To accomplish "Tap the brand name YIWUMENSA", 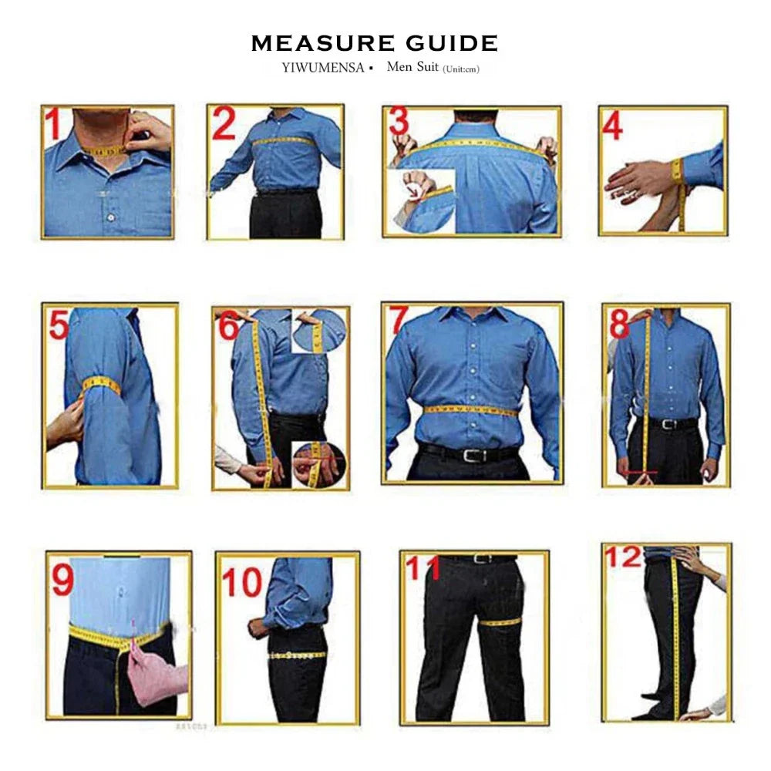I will (x=322, y=67).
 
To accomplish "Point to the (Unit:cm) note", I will (x=460, y=69).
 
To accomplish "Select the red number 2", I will (x=224, y=124).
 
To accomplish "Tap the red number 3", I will (x=399, y=122).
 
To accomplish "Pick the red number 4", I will (x=612, y=126).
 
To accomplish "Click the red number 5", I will (x=59, y=325).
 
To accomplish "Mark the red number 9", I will (x=62, y=581).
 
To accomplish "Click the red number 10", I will (x=242, y=584).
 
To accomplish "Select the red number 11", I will (x=423, y=569).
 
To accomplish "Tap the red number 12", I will (x=623, y=557).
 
